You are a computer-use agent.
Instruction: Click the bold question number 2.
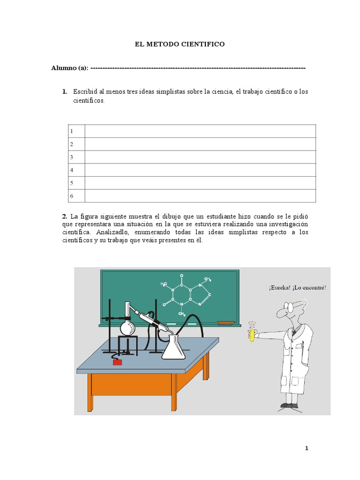click(64, 216)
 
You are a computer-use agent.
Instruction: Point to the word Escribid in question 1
click(84, 91)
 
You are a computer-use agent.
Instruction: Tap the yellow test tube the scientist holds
click(252, 332)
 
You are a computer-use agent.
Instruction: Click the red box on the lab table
click(117, 361)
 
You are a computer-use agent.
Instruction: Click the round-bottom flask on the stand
click(127, 327)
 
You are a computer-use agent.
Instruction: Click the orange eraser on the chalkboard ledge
click(226, 322)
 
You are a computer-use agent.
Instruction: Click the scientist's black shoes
click(289, 405)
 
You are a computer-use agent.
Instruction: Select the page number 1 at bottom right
click(307, 448)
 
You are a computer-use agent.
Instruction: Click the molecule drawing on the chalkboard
click(186, 293)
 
